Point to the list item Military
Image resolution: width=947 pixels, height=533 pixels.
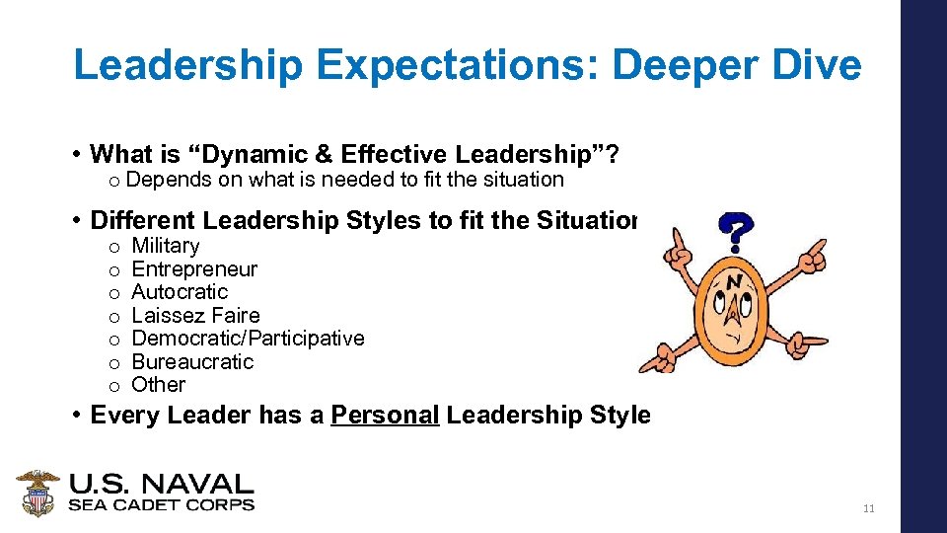[165, 246]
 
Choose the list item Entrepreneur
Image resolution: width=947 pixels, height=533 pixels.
[194, 269]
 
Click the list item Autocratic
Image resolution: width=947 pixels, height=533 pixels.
[180, 292]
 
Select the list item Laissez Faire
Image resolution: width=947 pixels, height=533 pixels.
[195, 316]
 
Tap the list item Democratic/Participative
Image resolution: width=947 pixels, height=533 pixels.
[248, 339]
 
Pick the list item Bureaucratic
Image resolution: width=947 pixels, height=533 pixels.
[192, 362]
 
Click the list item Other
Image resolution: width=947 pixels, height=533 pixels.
[158, 385]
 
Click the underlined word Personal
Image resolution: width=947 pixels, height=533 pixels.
[385, 416]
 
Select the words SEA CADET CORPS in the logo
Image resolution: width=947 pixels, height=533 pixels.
[161, 505]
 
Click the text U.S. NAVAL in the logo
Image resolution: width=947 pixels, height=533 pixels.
[161, 485]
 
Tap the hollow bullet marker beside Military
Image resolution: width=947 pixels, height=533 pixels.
[114, 247]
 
